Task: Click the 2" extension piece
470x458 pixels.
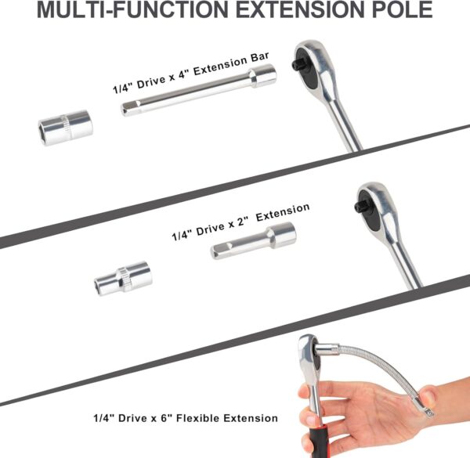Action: [x=253, y=240]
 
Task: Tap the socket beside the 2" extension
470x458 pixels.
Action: [x=123, y=277]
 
